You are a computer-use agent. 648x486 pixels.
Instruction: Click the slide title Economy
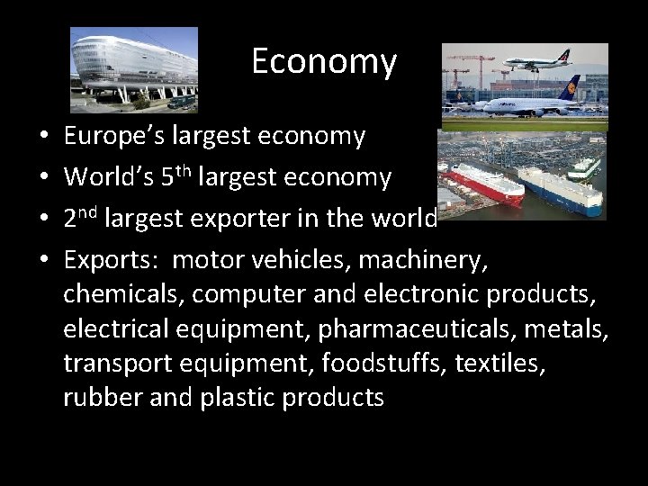point(323,62)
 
